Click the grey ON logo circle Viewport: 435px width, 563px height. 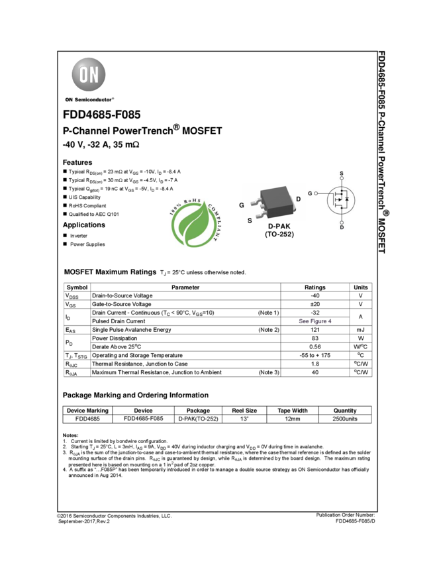click(x=88, y=74)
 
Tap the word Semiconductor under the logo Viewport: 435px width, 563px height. click(x=93, y=100)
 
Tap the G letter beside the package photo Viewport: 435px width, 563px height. click(x=242, y=205)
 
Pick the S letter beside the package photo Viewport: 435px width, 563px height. click(x=250, y=220)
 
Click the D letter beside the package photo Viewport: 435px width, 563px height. click(x=298, y=199)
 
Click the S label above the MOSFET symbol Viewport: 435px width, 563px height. click(x=342, y=174)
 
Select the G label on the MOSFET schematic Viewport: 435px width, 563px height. click(x=310, y=193)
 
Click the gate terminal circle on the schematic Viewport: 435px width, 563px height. click(x=316, y=193)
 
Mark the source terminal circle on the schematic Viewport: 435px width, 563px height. click(x=342, y=179)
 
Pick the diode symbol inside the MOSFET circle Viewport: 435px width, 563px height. click(x=347, y=199)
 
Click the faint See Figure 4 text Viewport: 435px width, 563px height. click(x=314, y=321)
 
